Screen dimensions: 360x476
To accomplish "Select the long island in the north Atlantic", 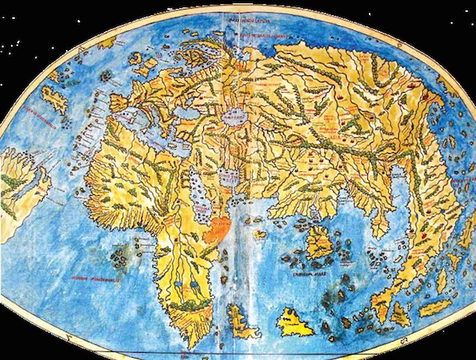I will [x=53, y=98].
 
